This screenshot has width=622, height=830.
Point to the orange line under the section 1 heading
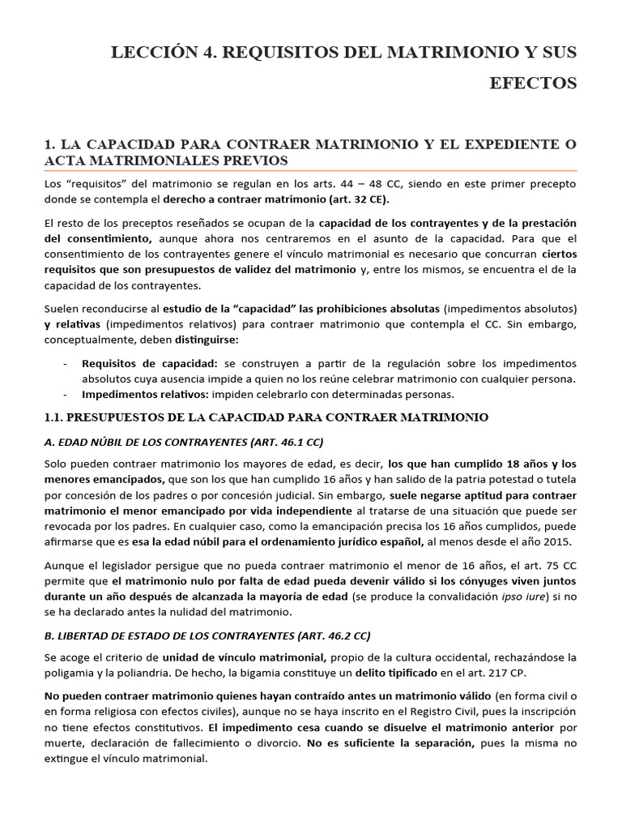tap(310, 170)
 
